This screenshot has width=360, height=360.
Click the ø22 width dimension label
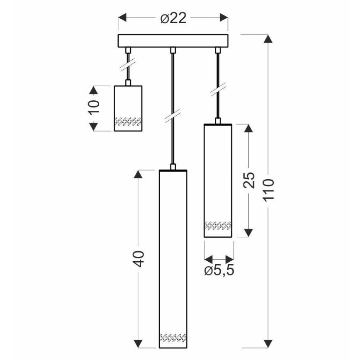[x=173, y=18]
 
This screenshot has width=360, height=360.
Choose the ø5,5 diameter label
[x=219, y=270]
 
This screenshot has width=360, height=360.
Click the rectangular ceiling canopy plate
[x=173, y=40]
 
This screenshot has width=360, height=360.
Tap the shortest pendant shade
[x=128, y=108]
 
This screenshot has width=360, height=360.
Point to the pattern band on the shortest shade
[x=128, y=121]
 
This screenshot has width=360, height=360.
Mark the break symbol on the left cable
[x=129, y=66]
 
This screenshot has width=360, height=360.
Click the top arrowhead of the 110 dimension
[x=269, y=39]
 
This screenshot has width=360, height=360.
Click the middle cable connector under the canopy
[x=173, y=50]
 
